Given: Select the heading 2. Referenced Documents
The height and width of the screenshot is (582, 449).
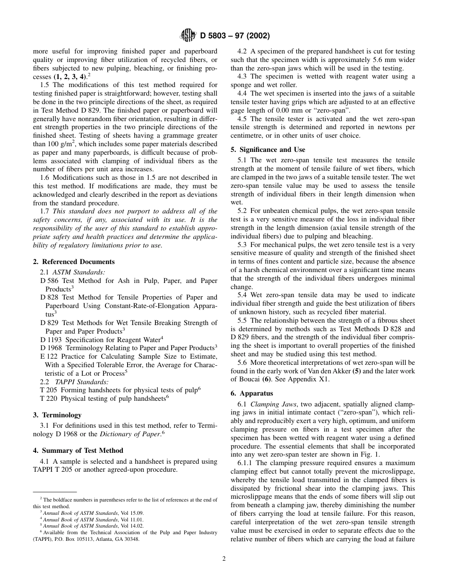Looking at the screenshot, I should pyautogui.click(x=74, y=262).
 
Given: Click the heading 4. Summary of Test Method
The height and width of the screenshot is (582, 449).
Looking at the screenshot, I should pyautogui.click(x=78, y=450).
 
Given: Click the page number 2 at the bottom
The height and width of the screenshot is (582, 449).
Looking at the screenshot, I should pyautogui.click(x=224, y=558).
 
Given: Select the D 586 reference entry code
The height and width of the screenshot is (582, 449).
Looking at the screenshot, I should pyautogui.click(x=50, y=281).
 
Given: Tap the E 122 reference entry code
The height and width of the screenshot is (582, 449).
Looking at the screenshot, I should pyautogui.click(x=50, y=356).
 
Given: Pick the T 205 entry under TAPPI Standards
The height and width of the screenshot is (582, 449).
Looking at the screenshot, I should pyautogui.click(x=49, y=389).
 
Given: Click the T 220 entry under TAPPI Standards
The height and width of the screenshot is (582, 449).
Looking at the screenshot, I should pyautogui.click(x=49, y=398).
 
